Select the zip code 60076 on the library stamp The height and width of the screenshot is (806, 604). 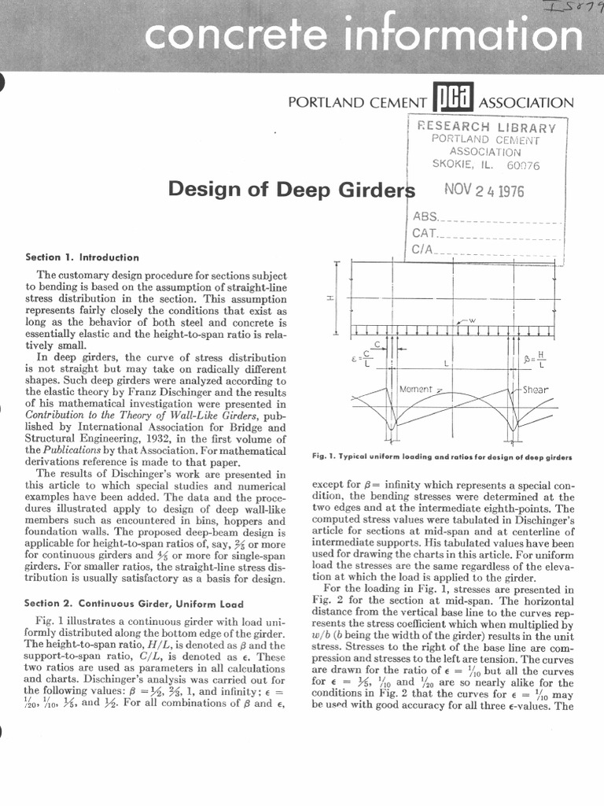pos(523,165)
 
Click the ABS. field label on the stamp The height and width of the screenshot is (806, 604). pos(424,216)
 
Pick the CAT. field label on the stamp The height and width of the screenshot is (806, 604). pos(424,234)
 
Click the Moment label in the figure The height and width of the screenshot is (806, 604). pos(417,390)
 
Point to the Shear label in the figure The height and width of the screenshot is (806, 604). pos(536,390)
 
